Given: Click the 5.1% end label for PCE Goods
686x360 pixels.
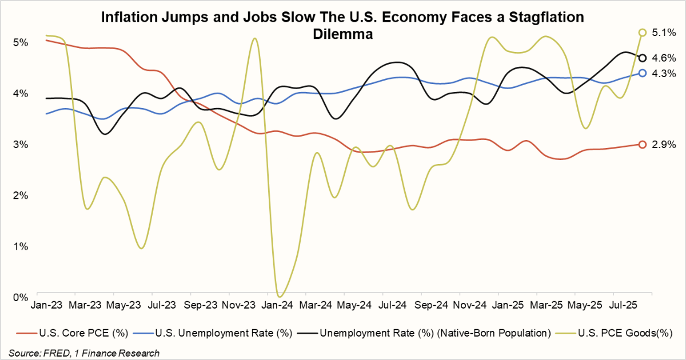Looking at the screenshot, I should click(x=664, y=33).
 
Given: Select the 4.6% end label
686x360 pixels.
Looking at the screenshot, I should click(x=664, y=58).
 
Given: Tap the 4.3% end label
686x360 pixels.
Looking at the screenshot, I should click(x=664, y=73).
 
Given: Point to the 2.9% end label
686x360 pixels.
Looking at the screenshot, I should click(x=664, y=145).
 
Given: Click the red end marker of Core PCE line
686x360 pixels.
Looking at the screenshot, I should click(x=642, y=145).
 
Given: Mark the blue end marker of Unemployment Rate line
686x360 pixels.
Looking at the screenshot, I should click(x=642, y=73).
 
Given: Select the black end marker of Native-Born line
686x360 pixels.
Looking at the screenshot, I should click(x=642, y=58).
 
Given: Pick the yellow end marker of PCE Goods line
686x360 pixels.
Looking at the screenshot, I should click(x=642, y=33).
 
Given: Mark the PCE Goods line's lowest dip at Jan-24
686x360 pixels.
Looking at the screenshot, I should click(x=280, y=296).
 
